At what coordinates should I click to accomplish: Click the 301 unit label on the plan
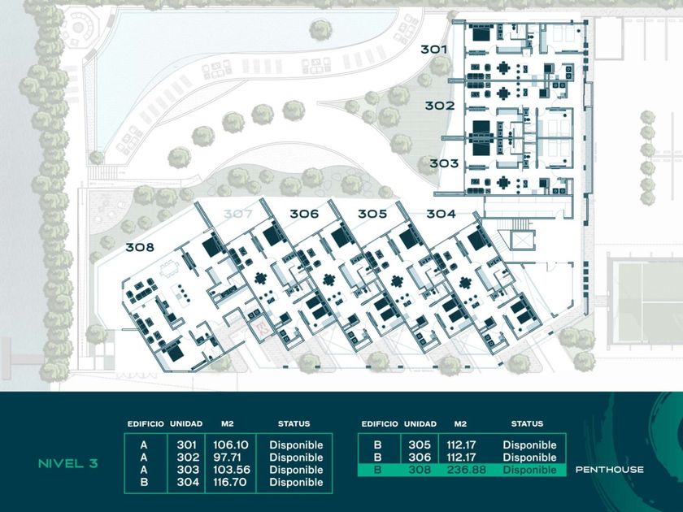[433, 50]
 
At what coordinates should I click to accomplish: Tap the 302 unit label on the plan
[440, 106]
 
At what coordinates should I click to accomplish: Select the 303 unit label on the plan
[444, 163]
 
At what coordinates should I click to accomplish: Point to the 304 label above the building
[441, 214]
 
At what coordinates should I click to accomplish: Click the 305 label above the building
[372, 214]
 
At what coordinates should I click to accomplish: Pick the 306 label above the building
[304, 214]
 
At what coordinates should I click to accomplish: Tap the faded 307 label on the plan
[237, 214]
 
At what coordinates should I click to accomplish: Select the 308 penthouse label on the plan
[140, 247]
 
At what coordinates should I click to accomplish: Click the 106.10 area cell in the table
[230, 445]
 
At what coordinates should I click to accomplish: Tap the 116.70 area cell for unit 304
[229, 483]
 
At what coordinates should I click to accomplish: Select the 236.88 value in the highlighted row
[466, 471]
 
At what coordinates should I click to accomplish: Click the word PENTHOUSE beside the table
[609, 470]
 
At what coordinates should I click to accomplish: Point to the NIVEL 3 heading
[68, 464]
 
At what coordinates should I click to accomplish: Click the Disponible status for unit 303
[296, 470]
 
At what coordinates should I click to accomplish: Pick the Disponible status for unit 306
[529, 458]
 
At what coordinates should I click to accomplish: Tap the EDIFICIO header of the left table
[146, 423]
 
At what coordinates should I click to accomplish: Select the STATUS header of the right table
[527, 423]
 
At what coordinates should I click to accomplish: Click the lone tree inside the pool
[321, 30]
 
